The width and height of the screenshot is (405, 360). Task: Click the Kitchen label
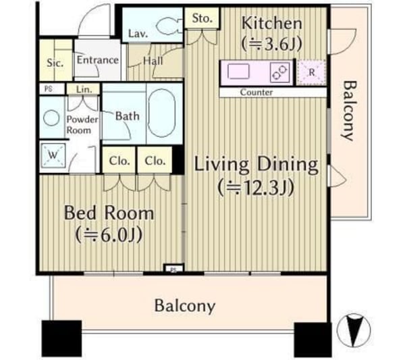click(x=272, y=23)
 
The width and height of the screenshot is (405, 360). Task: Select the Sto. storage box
click(x=202, y=18)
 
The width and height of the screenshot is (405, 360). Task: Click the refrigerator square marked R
click(x=311, y=73)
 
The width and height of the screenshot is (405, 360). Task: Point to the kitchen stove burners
click(x=279, y=72)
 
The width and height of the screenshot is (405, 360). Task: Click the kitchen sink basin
click(x=238, y=72)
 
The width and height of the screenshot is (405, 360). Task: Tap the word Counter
click(x=256, y=93)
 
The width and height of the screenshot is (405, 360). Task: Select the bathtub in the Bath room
click(x=162, y=113)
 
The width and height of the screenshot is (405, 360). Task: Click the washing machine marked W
click(x=53, y=155)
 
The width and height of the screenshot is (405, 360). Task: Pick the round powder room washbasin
click(x=51, y=118)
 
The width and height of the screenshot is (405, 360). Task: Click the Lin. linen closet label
click(x=84, y=89)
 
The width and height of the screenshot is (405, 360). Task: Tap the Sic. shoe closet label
click(x=55, y=63)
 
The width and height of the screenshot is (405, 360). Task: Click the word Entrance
click(x=98, y=60)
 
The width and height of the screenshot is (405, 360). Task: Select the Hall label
click(x=153, y=61)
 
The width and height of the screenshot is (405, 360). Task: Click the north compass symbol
click(x=354, y=330)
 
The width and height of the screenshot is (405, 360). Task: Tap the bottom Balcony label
click(x=185, y=307)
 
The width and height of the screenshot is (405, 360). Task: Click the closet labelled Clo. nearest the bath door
click(x=119, y=161)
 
